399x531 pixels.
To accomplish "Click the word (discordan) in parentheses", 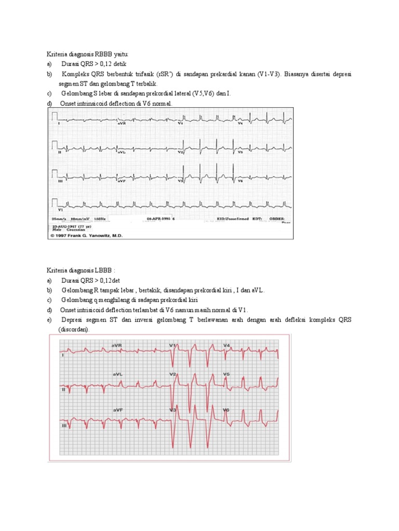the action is coord(73,329).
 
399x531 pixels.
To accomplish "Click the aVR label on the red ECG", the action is coord(117,345).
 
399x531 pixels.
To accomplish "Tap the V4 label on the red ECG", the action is coord(227,345).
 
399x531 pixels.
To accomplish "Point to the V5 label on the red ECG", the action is coord(227,373).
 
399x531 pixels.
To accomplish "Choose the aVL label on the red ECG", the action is coord(117,373).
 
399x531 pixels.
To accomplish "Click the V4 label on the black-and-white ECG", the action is coord(240,124).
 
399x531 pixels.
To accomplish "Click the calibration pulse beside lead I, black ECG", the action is coord(55,119).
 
